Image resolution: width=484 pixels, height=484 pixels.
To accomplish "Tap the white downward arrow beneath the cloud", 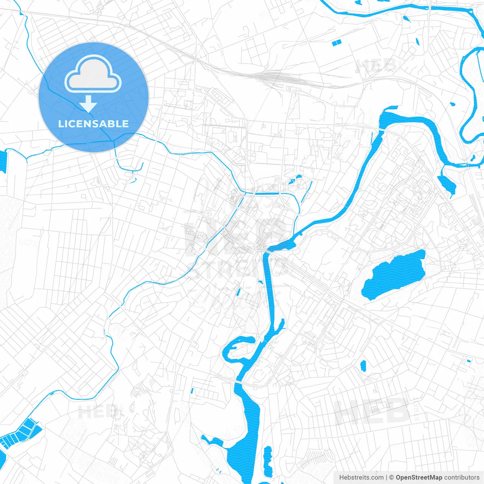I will click(x=88, y=104).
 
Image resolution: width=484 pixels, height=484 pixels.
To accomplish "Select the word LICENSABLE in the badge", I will click(x=93, y=124).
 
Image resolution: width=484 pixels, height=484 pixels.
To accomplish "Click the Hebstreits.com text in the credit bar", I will click(x=361, y=478).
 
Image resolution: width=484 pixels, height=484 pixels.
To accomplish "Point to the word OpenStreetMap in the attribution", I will click(x=419, y=478).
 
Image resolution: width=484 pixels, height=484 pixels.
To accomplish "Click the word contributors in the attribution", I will click(x=461, y=478).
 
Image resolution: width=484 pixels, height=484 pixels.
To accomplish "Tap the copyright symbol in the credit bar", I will click(x=391, y=478).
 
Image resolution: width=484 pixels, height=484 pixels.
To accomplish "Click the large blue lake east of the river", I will click(x=393, y=275).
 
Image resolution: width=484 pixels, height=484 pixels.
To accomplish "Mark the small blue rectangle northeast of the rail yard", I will click(x=336, y=43).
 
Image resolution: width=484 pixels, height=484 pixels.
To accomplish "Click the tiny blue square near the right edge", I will click(x=469, y=361).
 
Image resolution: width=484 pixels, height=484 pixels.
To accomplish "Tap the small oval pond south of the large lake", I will click(x=363, y=366).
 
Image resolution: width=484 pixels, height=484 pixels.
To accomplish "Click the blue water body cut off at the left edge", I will click(x=3, y=162).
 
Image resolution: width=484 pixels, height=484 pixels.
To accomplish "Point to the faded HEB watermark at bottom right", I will click(x=372, y=412).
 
